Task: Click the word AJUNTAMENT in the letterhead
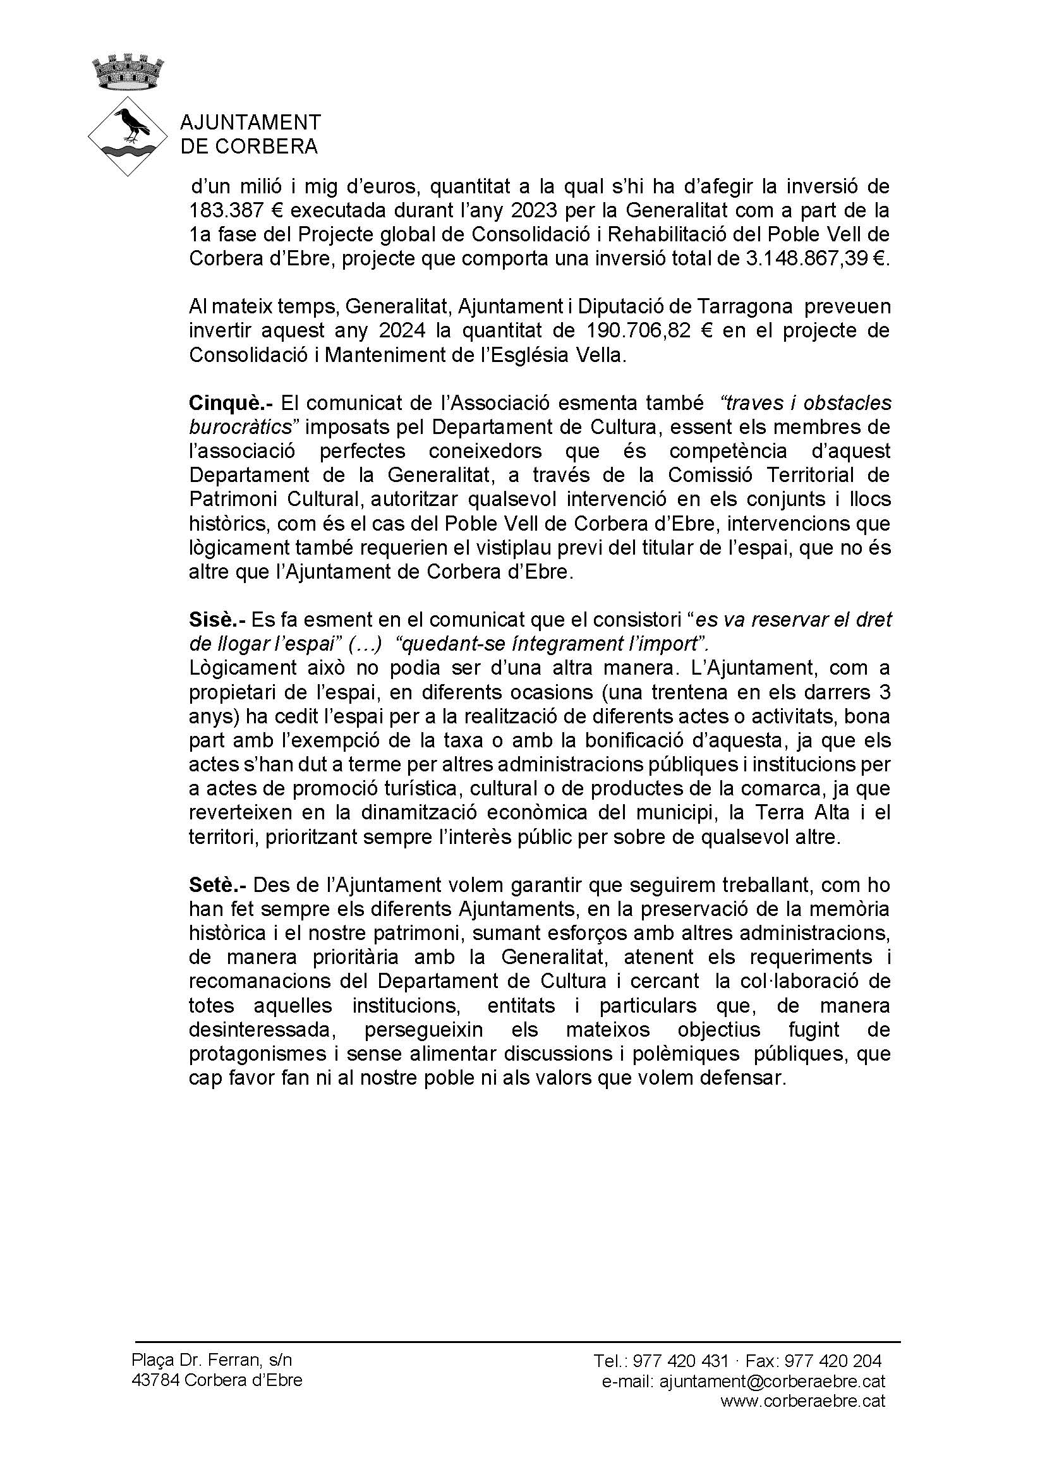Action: [250, 123]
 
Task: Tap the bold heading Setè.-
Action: [218, 886]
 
